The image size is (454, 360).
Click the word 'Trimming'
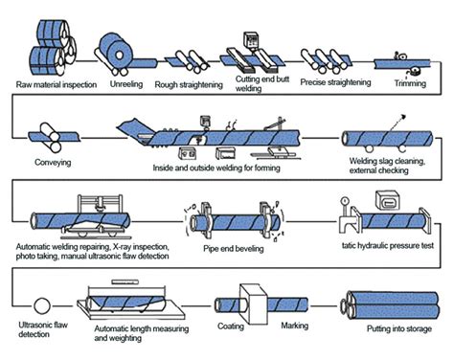pos(410,83)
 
